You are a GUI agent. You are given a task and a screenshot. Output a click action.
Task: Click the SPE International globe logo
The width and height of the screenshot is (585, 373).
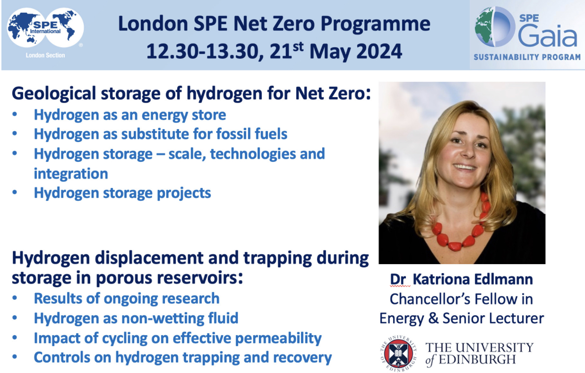[x=45, y=28]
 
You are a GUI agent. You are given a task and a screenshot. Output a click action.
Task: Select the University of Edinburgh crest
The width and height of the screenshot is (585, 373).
[x=398, y=354]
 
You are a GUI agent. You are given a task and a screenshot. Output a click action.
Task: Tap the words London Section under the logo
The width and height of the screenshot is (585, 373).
[x=45, y=55]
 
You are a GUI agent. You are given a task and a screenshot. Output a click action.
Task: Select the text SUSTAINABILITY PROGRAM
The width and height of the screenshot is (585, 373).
[x=527, y=57]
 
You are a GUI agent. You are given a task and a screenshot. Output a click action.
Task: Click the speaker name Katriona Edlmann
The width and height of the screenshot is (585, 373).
[x=473, y=279]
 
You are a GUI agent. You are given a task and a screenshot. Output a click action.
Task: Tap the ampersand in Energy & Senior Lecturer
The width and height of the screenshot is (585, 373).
[x=433, y=319]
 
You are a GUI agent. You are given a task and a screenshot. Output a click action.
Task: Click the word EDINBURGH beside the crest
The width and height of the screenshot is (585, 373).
[x=477, y=359]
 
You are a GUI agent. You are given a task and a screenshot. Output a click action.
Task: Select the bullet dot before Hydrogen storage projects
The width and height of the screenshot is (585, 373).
[x=15, y=193]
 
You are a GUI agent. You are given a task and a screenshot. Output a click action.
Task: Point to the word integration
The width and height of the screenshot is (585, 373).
[x=71, y=174]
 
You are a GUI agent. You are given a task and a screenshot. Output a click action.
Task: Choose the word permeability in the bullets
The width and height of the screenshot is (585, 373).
[x=278, y=338]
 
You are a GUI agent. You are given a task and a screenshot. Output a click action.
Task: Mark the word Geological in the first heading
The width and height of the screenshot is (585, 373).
[x=54, y=94]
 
